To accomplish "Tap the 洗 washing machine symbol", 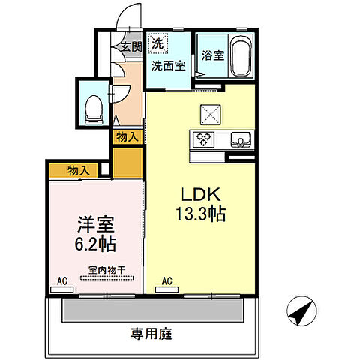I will [x=158, y=44].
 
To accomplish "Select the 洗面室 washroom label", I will [x=168, y=64].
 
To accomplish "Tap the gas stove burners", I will [x=204, y=139].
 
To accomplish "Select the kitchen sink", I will [x=239, y=139].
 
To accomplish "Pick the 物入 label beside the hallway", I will [x=127, y=136].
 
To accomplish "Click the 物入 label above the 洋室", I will [x=79, y=170].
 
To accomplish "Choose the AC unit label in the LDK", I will [x=167, y=283].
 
